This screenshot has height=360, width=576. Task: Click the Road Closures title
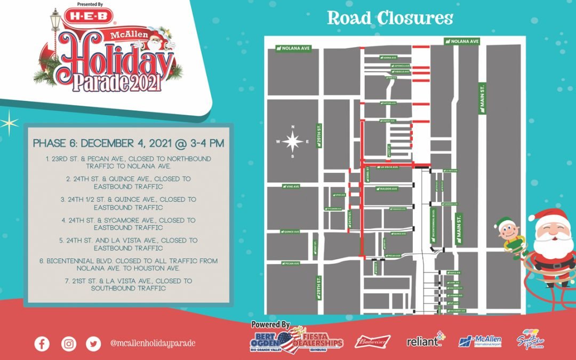390,18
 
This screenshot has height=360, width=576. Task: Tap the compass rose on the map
293,142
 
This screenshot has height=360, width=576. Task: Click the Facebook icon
42,343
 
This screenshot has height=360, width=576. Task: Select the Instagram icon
68,343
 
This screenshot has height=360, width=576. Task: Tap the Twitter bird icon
94,343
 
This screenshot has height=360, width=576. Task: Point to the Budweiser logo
372,341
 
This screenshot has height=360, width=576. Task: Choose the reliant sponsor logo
425,340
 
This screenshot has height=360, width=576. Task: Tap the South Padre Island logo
530,340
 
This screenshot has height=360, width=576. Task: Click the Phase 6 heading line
128,143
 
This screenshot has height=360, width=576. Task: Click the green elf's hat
503,222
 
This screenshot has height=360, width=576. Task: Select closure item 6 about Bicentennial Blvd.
128,265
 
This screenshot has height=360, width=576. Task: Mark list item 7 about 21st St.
128,284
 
